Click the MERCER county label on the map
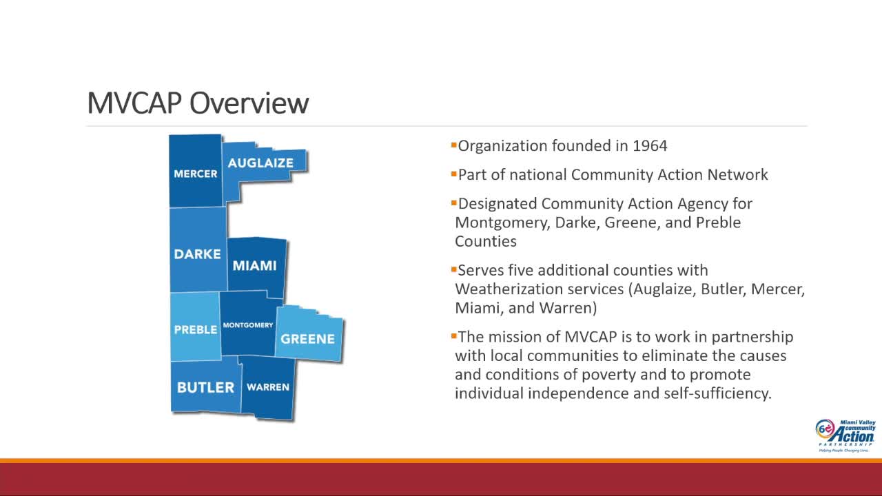[x=195, y=174]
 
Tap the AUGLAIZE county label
[x=260, y=163]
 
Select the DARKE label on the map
[x=197, y=254]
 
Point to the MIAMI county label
[x=254, y=266]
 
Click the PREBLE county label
[x=195, y=330]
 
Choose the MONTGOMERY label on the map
[x=248, y=325]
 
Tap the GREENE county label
[x=307, y=339]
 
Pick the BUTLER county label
[x=205, y=387]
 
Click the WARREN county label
[x=267, y=387]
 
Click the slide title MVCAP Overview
[x=198, y=103]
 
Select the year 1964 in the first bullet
[x=648, y=146]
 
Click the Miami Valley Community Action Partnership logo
[x=845, y=435]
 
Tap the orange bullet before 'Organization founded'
[x=453, y=145]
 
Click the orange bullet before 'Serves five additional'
[x=453, y=270]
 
